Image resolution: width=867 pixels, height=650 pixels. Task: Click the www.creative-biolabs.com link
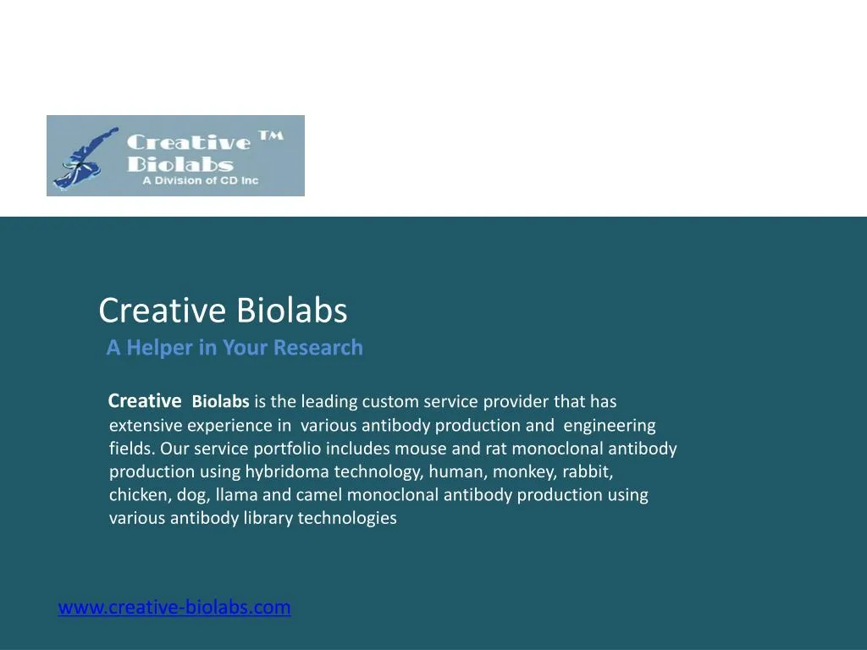[174, 608]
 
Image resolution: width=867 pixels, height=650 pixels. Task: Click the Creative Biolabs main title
[223, 311]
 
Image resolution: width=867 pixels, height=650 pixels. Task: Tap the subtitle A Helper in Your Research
[235, 348]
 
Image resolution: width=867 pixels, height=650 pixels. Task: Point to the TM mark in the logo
[270, 136]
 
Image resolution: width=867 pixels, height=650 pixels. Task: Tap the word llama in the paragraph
[236, 495]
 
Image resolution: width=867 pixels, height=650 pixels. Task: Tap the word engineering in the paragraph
[610, 426]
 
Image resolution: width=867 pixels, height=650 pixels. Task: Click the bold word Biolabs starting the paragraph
[220, 402]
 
